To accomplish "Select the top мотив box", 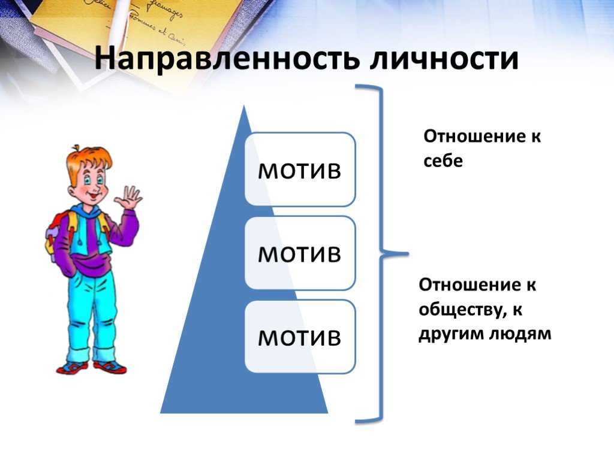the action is pyautogui.click(x=300, y=170).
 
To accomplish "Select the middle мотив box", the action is pyautogui.click(x=300, y=253).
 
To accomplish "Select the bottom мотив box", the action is pyautogui.click(x=300, y=337).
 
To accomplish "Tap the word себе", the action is pyautogui.click(x=443, y=161).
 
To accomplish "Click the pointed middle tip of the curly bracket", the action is pyautogui.click(x=407, y=253).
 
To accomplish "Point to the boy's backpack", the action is pyautogui.click(x=59, y=235).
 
